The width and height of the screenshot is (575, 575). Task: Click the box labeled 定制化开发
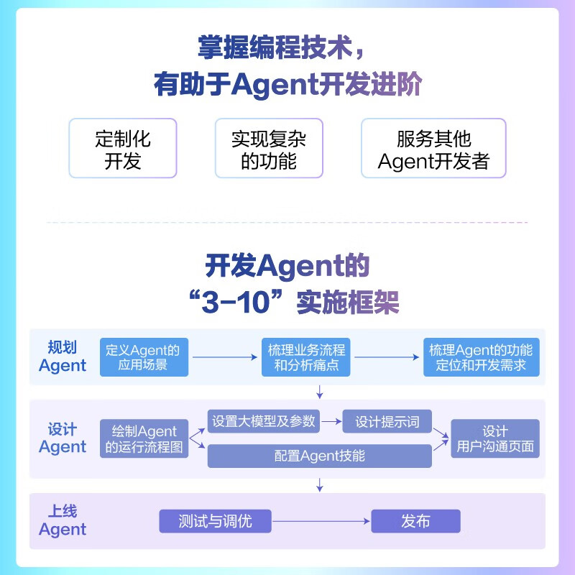click(123, 149)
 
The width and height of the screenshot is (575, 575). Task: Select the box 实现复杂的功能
click(269, 149)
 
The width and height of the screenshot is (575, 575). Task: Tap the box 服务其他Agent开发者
click(433, 149)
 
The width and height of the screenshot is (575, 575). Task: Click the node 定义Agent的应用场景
click(142, 357)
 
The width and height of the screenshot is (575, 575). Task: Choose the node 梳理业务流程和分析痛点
click(306, 357)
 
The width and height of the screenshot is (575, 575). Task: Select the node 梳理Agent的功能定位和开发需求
click(481, 357)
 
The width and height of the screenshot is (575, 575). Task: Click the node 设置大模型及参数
click(264, 421)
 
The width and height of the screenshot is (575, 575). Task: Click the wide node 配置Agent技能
click(319, 456)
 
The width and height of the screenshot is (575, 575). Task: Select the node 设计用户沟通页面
click(495, 439)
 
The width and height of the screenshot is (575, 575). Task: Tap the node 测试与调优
click(216, 521)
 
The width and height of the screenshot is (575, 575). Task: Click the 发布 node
click(415, 521)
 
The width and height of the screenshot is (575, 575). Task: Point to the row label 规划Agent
click(63, 356)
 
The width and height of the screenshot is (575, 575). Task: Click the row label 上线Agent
click(63, 521)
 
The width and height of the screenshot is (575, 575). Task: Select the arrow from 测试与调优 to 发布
click(321, 521)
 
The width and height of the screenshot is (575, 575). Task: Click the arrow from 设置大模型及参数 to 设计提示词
click(331, 421)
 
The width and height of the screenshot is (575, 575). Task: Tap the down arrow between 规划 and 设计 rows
click(320, 391)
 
